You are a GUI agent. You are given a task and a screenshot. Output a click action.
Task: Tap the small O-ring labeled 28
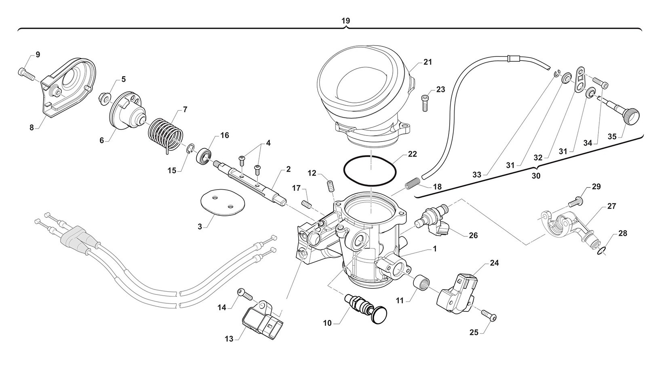coord(602,252)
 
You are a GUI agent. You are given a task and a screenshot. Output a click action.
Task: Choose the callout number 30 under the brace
coord(536,176)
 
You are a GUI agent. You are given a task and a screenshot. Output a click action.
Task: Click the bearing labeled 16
coord(204,156)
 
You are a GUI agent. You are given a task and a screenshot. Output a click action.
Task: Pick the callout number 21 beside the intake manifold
coord(428,62)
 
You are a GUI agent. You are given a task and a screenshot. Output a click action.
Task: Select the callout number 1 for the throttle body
coord(435,249)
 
